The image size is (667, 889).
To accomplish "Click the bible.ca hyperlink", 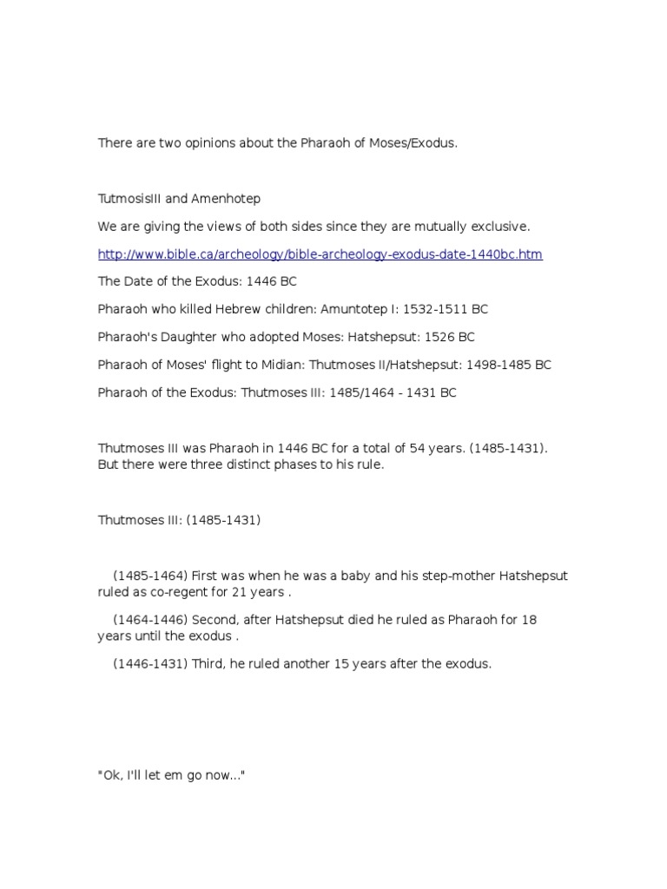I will tap(320, 254).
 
